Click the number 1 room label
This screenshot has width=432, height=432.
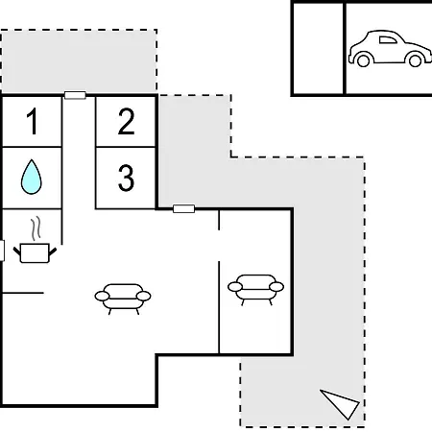coord(33,121)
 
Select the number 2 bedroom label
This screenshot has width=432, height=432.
coord(126,121)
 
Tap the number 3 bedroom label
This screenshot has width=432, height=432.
coord(126,178)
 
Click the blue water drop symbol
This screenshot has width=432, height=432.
coord(32,177)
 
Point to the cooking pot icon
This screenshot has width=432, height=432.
coord(35,252)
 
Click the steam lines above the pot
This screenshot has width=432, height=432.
coord(36,228)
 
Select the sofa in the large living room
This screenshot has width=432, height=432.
coord(123,299)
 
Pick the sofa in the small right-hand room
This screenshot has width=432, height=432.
coord(255,290)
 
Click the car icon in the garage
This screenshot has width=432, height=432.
coord(390,49)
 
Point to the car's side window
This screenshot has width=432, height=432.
coord(388,40)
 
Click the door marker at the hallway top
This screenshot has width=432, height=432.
coord(75,95)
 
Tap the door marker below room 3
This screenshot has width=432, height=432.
coord(183,209)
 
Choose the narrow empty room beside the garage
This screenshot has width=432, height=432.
coord(319,49)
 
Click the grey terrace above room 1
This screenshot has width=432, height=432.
coord(79,60)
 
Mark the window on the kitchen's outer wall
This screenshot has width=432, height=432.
coord(2,251)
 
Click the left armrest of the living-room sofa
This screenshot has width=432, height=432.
coord(102,297)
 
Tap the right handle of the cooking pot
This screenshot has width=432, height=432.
coord(53,252)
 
